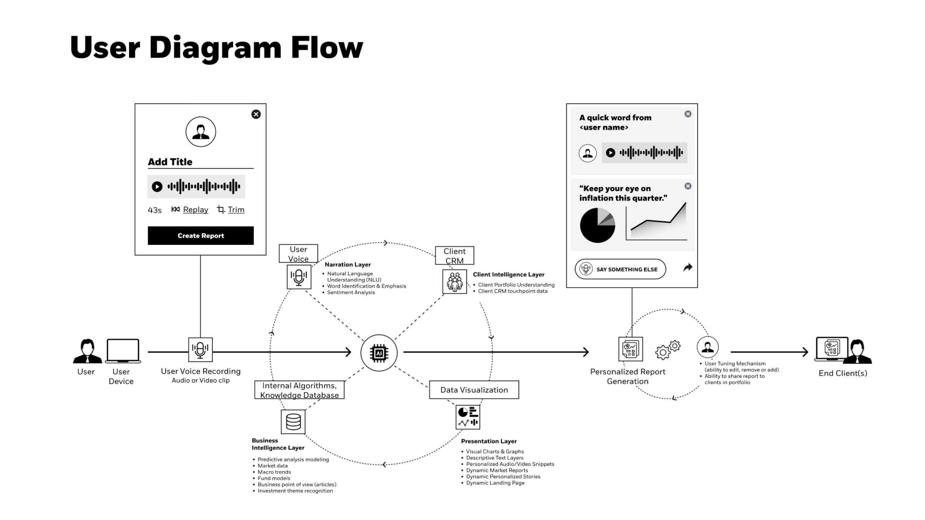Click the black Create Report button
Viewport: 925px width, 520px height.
pos(201,235)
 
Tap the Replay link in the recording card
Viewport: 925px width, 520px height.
pos(195,210)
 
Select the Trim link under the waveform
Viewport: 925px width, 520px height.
pos(236,210)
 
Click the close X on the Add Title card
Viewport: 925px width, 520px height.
pos(256,114)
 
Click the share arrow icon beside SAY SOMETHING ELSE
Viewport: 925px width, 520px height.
pos(688,268)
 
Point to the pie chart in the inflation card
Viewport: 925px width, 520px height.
pos(597,225)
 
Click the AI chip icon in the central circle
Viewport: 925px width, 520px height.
pos(379,353)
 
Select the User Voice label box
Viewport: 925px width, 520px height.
pos(298,253)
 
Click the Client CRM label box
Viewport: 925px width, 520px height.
pos(455,256)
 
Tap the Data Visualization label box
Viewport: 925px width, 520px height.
pos(474,390)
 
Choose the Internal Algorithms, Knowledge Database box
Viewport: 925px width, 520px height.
pos(300,390)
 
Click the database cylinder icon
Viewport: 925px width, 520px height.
pos(293,422)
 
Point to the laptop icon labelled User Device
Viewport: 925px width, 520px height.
pos(123,351)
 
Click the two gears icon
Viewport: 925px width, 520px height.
pos(668,350)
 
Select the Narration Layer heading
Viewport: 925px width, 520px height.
pos(348,265)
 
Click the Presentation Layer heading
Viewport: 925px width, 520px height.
pos(489,441)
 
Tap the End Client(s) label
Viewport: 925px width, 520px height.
pos(843,373)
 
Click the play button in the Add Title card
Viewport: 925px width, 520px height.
pos(157,187)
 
